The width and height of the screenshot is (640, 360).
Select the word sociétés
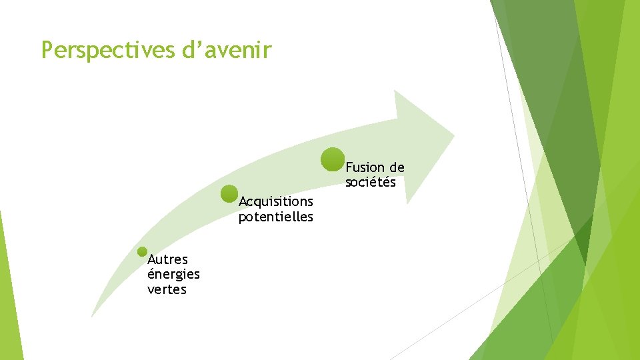(x=371, y=182)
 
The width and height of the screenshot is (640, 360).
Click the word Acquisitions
(x=276, y=201)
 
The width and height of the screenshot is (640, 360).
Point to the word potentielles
(x=276, y=217)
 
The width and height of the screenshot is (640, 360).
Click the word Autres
(x=168, y=259)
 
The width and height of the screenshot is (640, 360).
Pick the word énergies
(x=174, y=275)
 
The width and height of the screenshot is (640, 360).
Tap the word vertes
(x=167, y=290)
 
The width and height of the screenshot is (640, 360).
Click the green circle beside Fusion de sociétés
(x=333, y=160)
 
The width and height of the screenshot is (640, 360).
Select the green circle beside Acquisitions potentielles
(x=229, y=194)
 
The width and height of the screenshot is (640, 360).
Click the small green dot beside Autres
(x=142, y=252)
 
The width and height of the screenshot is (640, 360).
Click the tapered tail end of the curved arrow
(x=93, y=315)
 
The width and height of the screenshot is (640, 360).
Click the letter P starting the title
(x=47, y=50)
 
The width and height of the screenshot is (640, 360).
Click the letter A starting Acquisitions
(x=243, y=201)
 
